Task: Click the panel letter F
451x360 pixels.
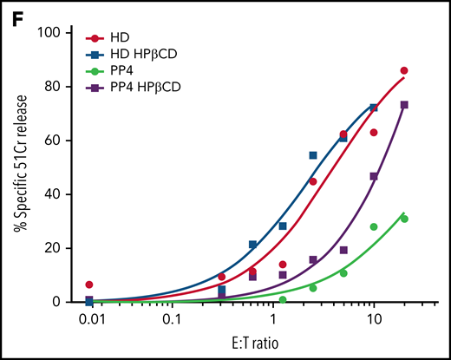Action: click(x=13, y=13)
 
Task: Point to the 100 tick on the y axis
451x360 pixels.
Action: click(x=61, y=32)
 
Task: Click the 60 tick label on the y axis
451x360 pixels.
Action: click(x=64, y=140)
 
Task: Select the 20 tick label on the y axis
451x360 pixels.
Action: click(x=64, y=248)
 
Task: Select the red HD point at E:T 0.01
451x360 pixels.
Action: click(x=89, y=285)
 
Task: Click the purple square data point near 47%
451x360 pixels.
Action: click(x=374, y=176)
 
